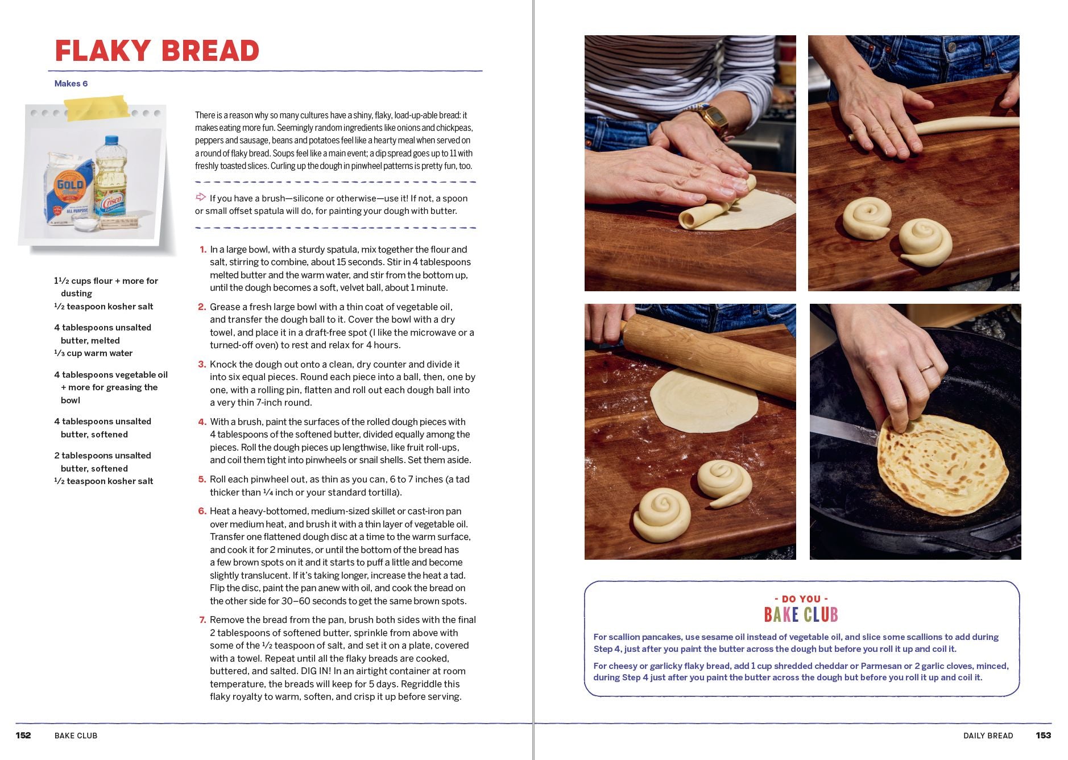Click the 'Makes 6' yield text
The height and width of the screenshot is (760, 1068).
click(x=71, y=84)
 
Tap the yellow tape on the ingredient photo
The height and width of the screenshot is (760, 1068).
click(x=97, y=108)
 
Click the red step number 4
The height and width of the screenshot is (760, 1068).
click(x=202, y=422)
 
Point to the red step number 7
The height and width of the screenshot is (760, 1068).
click(x=202, y=620)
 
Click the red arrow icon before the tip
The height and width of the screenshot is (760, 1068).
click(x=201, y=197)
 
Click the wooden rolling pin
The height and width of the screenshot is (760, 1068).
click(x=711, y=356)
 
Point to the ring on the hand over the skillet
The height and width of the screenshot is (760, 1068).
click(x=928, y=367)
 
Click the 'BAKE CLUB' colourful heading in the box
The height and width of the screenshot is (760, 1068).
click(x=801, y=615)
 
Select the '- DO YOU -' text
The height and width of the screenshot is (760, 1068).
click(x=801, y=599)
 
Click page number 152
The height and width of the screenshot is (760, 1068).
click(x=23, y=736)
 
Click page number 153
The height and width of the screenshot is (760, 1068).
click(x=1043, y=736)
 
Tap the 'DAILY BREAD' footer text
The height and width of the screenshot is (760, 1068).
click(x=988, y=736)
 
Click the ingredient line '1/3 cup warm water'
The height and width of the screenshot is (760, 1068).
click(x=94, y=353)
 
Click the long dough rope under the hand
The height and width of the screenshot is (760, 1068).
click(x=967, y=125)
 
